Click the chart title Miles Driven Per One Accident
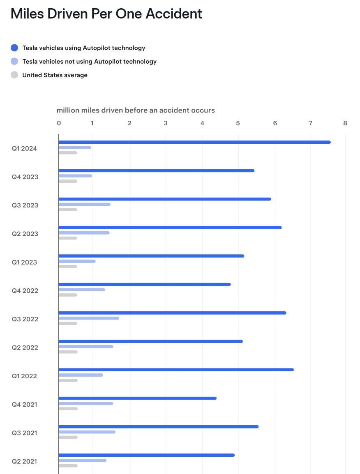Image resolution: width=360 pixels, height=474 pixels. pyautogui.click(x=106, y=14)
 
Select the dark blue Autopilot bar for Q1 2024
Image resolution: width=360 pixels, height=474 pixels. pyautogui.click(x=194, y=142)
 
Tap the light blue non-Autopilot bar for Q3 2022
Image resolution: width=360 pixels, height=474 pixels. pyautogui.click(x=89, y=318)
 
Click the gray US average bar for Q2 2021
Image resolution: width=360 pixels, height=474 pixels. pyautogui.click(x=68, y=465)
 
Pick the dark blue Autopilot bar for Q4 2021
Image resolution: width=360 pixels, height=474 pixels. pyautogui.click(x=137, y=398)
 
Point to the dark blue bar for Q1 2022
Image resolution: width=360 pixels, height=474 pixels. pyautogui.click(x=176, y=370)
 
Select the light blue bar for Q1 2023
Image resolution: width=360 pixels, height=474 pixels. pyautogui.click(x=77, y=261)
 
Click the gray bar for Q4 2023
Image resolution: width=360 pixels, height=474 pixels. pyautogui.click(x=68, y=181)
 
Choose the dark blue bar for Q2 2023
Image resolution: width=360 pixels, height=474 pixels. pyautogui.click(x=170, y=228)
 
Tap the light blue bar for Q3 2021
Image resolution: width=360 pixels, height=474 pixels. pyautogui.click(x=87, y=432)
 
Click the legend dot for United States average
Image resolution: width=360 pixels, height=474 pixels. pyautogui.click(x=14, y=75)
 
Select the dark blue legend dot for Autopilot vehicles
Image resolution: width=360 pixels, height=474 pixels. pyautogui.click(x=14, y=48)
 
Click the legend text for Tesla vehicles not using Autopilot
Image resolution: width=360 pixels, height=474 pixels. pyautogui.click(x=89, y=62)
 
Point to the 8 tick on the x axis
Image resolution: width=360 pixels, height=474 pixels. pyautogui.click(x=345, y=123)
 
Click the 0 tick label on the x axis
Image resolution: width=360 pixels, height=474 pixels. pyautogui.click(x=59, y=123)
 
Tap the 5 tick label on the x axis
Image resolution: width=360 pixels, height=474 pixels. pyautogui.click(x=238, y=123)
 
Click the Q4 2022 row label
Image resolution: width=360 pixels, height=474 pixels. pyautogui.click(x=25, y=291)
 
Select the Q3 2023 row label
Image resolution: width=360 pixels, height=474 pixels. pyautogui.click(x=25, y=205)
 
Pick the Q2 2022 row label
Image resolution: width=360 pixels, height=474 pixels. pyautogui.click(x=25, y=347)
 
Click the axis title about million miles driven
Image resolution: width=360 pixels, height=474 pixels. pyautogui.click(x=136, y=110)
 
